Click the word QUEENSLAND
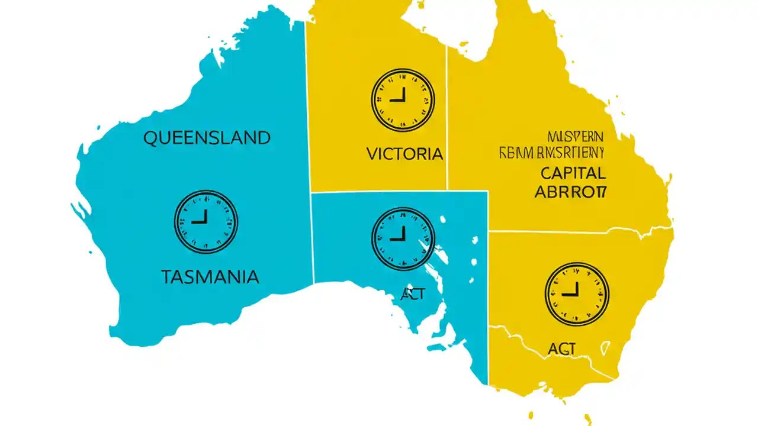[207, 138]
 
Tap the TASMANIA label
[210, 276]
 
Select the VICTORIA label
[404, 154]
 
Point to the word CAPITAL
[573, 173]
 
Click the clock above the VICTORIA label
[403, 100]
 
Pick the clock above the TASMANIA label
[205, 222]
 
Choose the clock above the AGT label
[577, 294]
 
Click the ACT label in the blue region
[412, 294]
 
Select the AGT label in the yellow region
[561, 349]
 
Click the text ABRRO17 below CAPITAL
[571, 192]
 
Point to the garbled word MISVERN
[574, 136]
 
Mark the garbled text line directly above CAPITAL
[550, 154]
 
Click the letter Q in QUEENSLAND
[150, 138]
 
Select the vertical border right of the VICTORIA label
[447, 118]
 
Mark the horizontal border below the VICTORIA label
[379, 192]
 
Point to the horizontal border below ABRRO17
[568, 231]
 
